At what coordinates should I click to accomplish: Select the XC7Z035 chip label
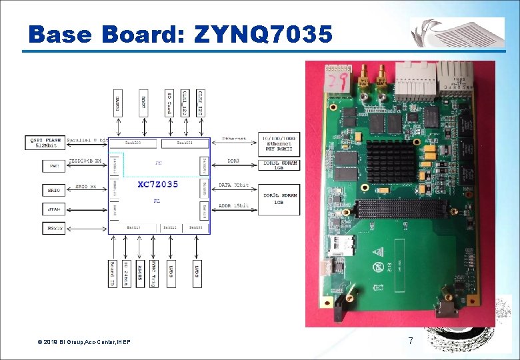(158, 185)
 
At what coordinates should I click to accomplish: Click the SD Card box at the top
(169, 103)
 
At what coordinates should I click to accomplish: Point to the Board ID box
(112, 273)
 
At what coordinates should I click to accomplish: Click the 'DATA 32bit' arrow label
(233, 185)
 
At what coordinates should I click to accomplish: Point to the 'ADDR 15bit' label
(233, 206)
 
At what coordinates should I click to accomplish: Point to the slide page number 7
(411, 341)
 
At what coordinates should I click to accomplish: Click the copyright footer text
(84, 342)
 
